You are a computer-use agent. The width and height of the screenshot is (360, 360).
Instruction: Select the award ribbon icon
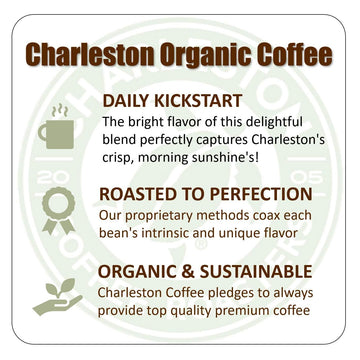pos(56,209)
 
